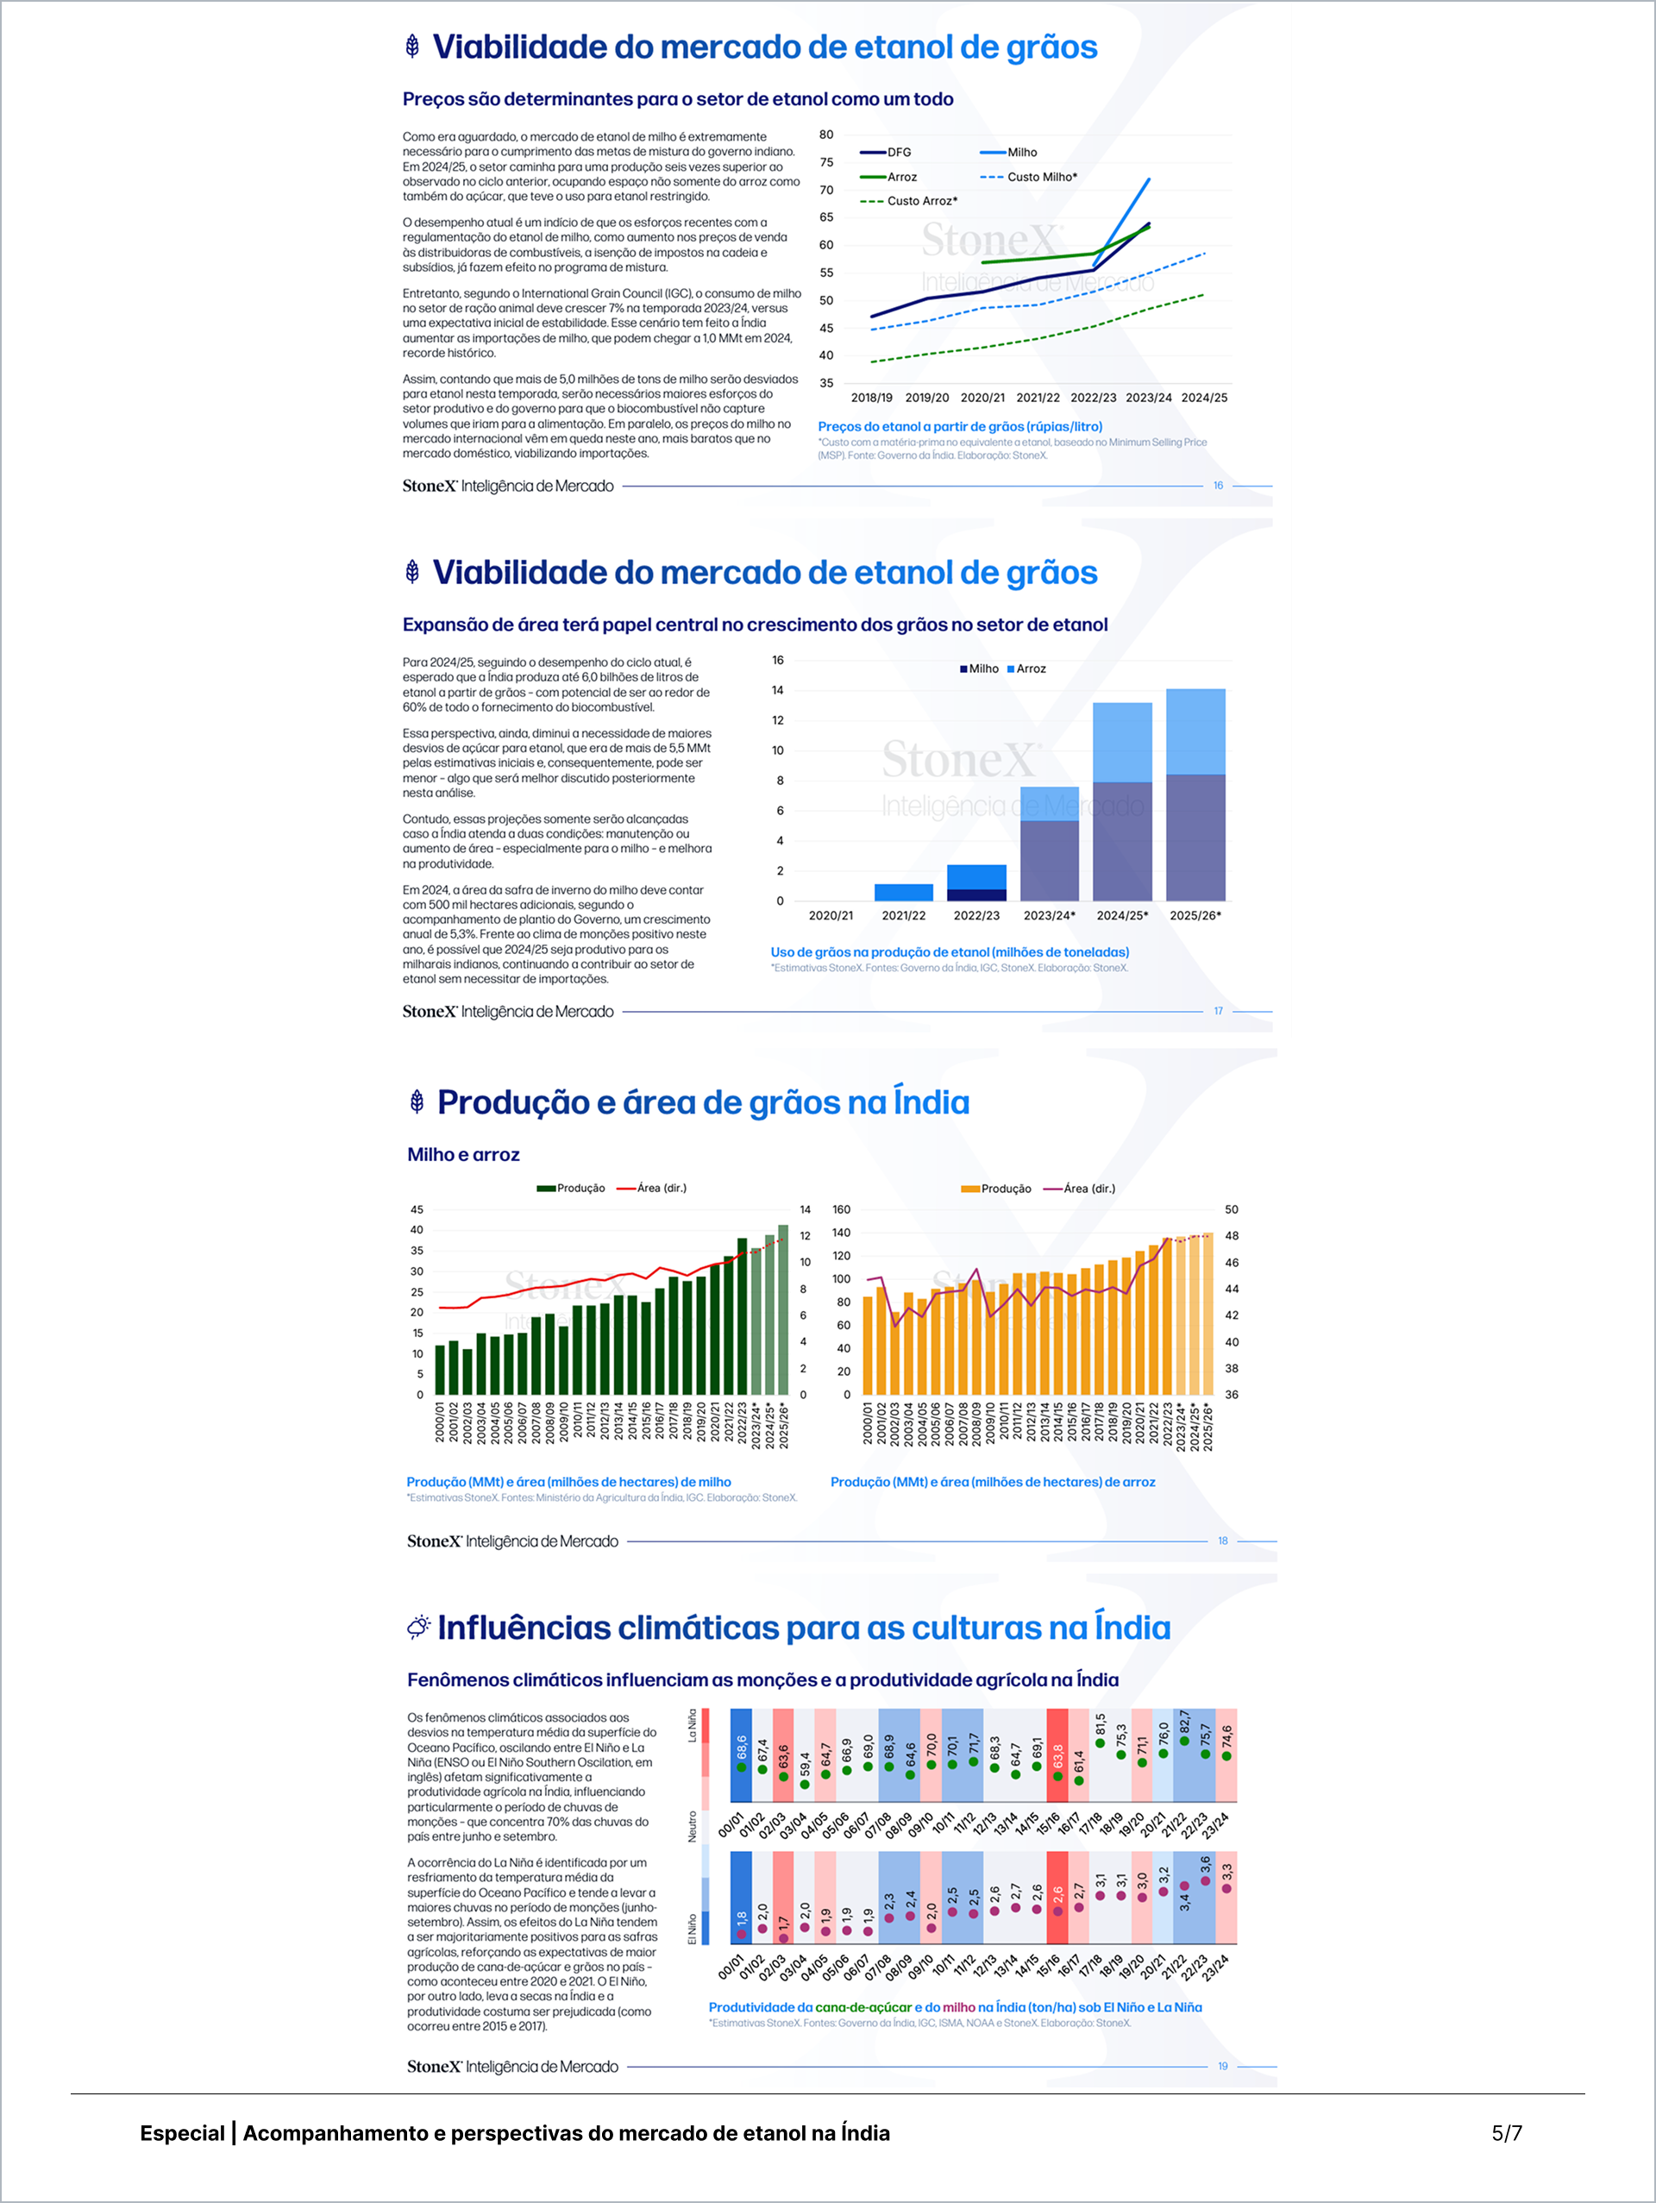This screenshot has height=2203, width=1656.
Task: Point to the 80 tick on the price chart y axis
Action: click(x=826, y=135)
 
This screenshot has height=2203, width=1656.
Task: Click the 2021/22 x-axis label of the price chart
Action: click(x=1038, y=398)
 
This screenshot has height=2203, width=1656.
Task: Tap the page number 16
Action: click(x=1218, y=486)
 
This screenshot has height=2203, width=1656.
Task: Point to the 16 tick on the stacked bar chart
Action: click(x=778, y=661)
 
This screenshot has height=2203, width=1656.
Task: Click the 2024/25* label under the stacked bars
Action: click(x=1122, y=915)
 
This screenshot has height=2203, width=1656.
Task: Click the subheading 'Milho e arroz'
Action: click(x=463, y=1154)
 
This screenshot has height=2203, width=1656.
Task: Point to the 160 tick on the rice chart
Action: click(x=842, y=1209)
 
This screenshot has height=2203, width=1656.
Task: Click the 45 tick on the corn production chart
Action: click(x=417, y=1209)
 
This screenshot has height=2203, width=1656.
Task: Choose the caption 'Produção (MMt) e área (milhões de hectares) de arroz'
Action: click(x=993, y=1482)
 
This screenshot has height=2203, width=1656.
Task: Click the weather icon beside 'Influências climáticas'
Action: click(x=418, y=1628)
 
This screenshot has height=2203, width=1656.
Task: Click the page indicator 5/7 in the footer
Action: click(x=1506, y=2133)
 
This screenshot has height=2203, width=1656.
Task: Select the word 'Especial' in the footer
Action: click(x=182, y=2133)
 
